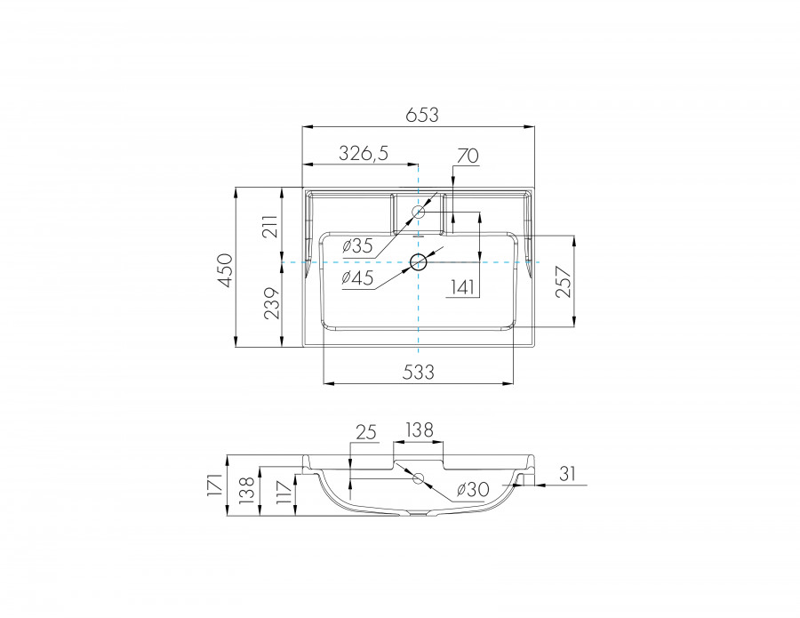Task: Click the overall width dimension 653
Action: pos(422,115)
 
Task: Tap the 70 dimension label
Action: pos(467,156)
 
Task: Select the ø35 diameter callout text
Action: pos(356,245)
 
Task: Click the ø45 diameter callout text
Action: pos(357,278)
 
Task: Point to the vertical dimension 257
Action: pos(562,282)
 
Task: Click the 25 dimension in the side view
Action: pos(366,432)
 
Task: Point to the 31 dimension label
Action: pos(568,475)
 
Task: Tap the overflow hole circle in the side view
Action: pos(418,478)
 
